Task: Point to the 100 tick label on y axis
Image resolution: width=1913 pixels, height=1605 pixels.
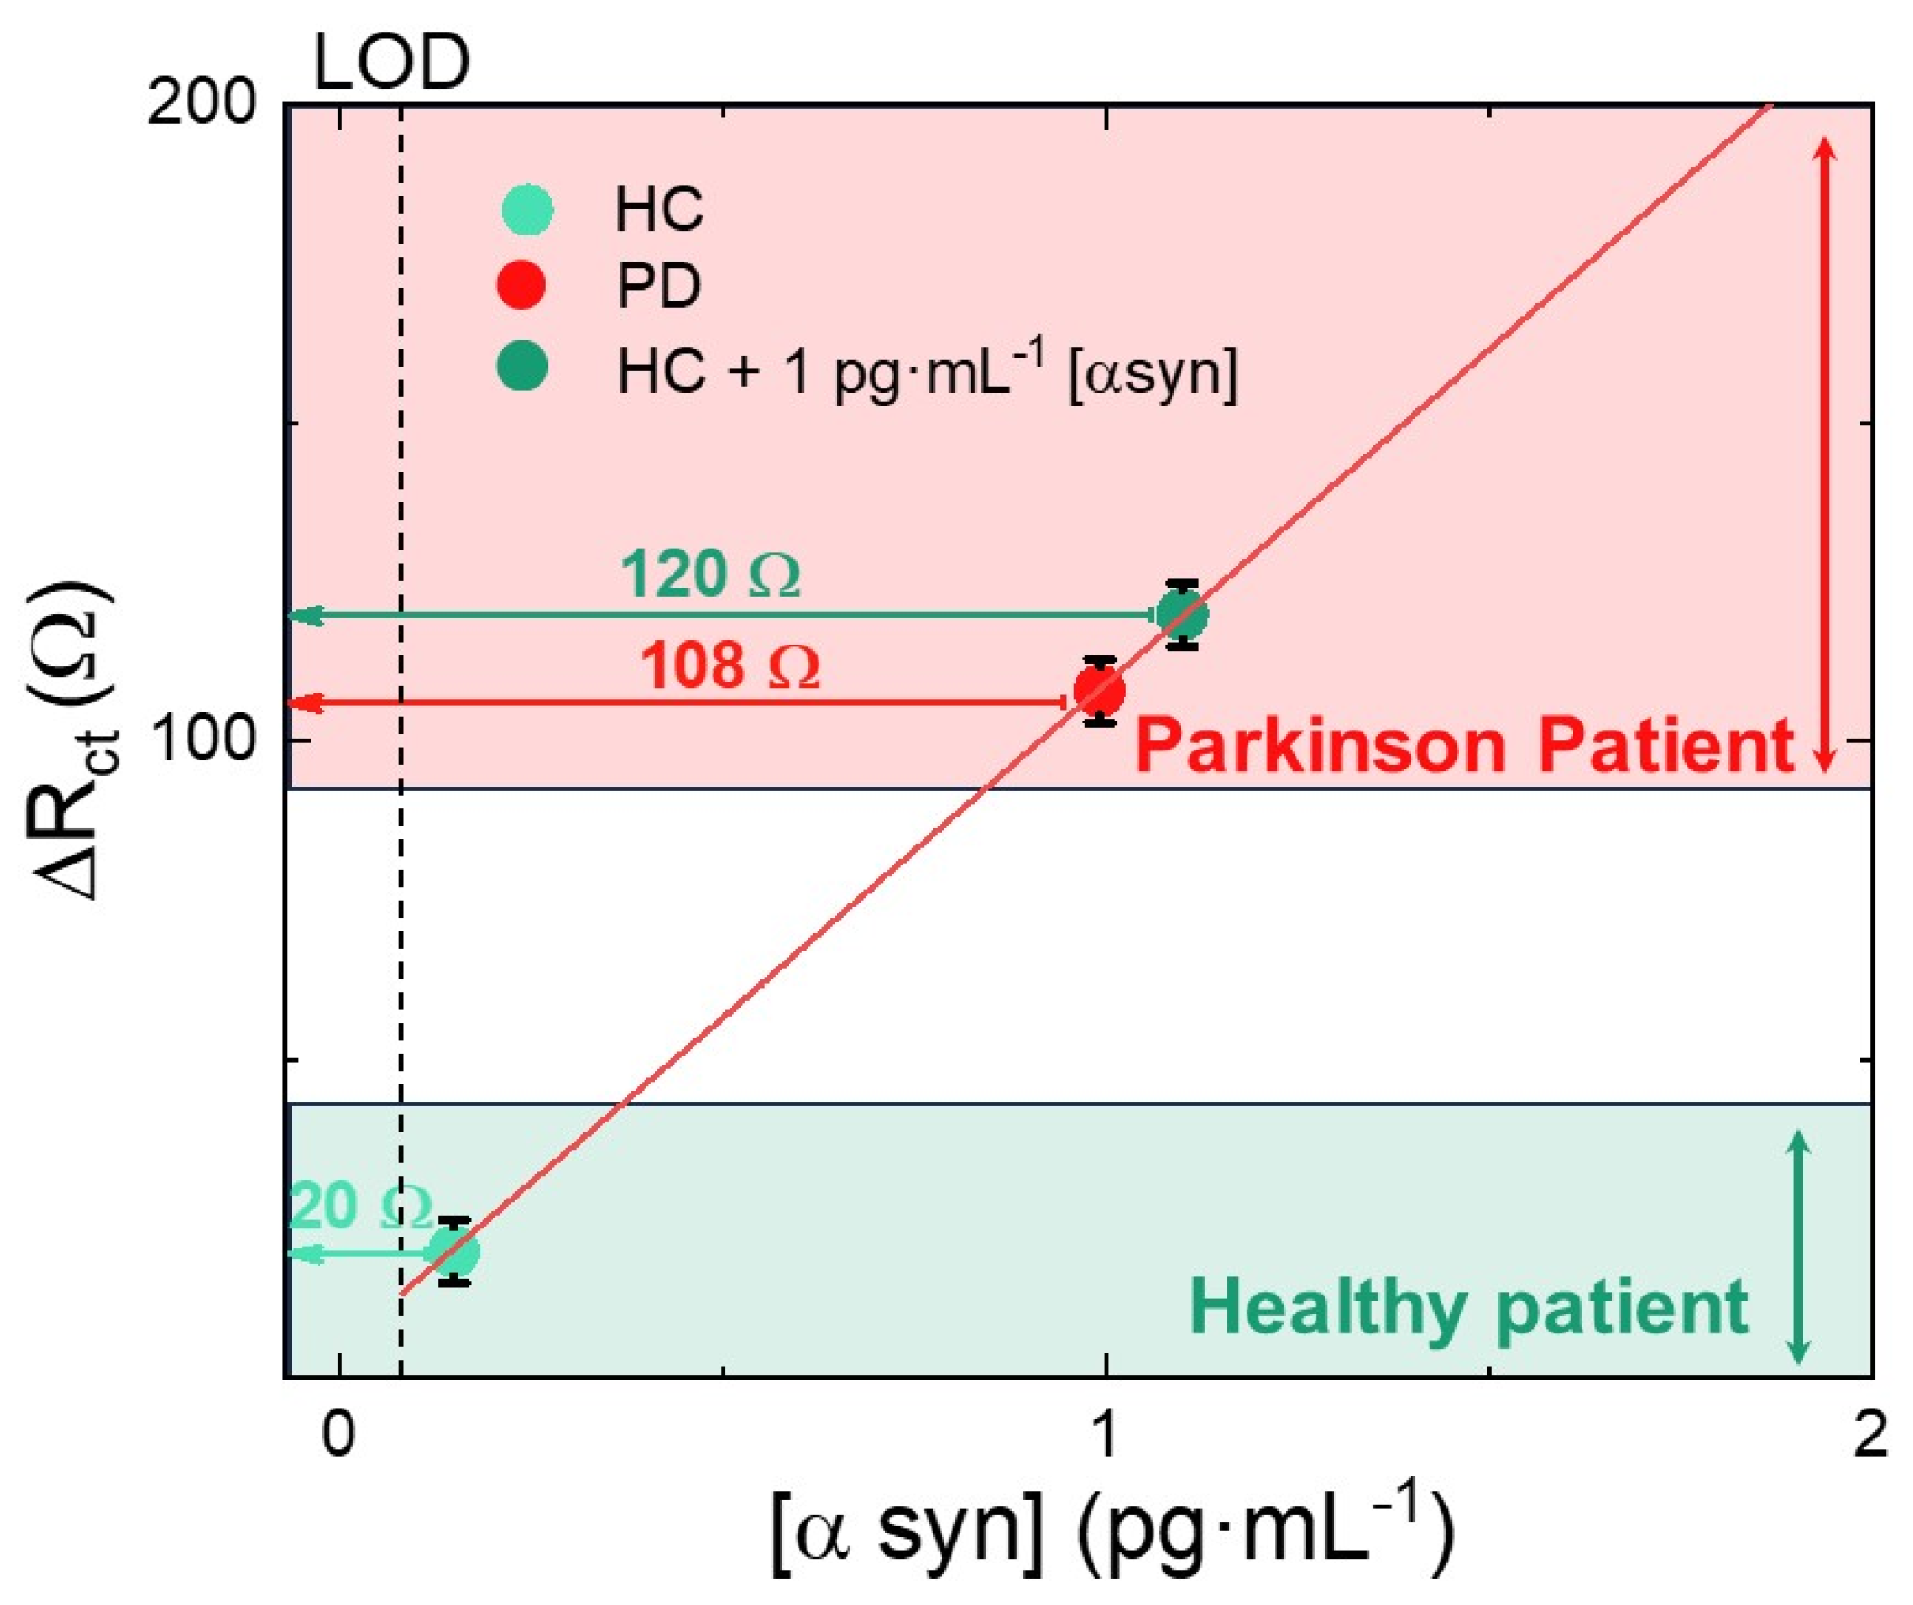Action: tap(202, 740)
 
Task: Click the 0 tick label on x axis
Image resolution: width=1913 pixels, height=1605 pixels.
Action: tap(338, 1437)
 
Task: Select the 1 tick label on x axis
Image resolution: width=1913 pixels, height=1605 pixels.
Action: tap(1105, 1437)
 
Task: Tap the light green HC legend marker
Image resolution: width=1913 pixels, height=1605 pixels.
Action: tap(528, 209)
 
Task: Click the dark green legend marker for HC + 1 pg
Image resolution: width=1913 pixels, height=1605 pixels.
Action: tap(522, 366)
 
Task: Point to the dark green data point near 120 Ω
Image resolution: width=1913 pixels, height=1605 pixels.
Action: tap(1182, 616)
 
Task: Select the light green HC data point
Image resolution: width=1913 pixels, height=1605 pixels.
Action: tap(454, 1254)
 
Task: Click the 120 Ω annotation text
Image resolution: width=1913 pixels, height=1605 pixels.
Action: tap(710, 575)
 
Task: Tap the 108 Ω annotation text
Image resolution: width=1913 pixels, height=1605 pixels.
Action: tap(729, 666)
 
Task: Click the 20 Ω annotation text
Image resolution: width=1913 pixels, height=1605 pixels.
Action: tap(360, 1208)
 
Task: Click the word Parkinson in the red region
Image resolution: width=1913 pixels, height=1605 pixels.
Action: tap(1321, 745)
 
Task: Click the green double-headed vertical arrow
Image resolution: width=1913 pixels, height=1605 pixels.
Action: tap(1797, 1247)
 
